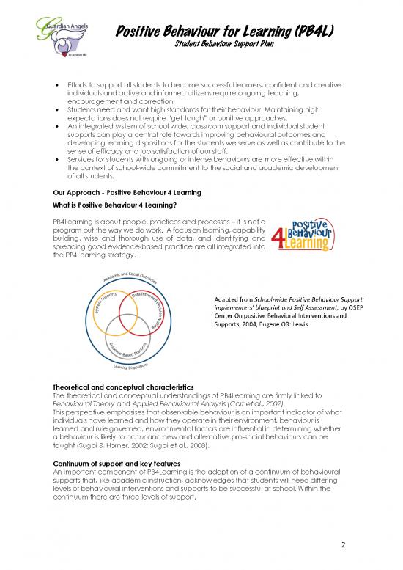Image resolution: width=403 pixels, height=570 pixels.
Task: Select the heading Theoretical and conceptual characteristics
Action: (121, 387)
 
